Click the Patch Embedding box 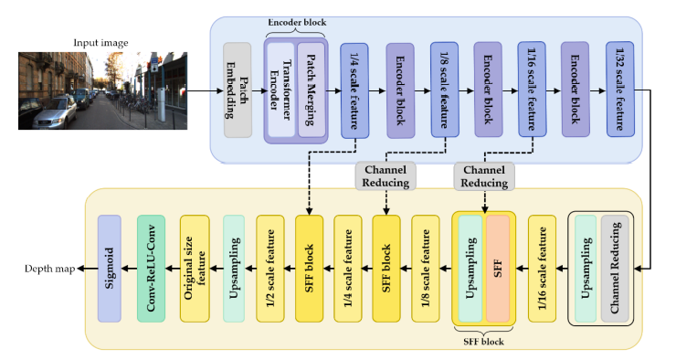click(x=238, y=90)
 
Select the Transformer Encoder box click(x=280, y=90)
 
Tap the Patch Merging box click(x=312, y=90)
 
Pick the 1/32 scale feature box click(x=620, y=90)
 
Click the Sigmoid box click(x=110, y=269)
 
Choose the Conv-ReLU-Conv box click(x=151, y=269)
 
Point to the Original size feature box click(x=195, y=269)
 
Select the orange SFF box click(x=498, y=269)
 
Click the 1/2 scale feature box click(x=270, y=269)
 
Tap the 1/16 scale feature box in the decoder click(x=542, y=269)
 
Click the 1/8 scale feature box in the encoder click(x=445, y=90)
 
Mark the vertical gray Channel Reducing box click(x=615, y=269)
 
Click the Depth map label click(x=49, y=269)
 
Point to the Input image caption click(x=100, y=43)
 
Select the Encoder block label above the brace click(x=297, y=23)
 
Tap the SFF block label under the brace click(x=484, y=342)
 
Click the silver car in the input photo click(x=54, y=113)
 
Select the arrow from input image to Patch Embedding click(x=206, y=91)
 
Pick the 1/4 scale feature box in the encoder click(x=354, y=90)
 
